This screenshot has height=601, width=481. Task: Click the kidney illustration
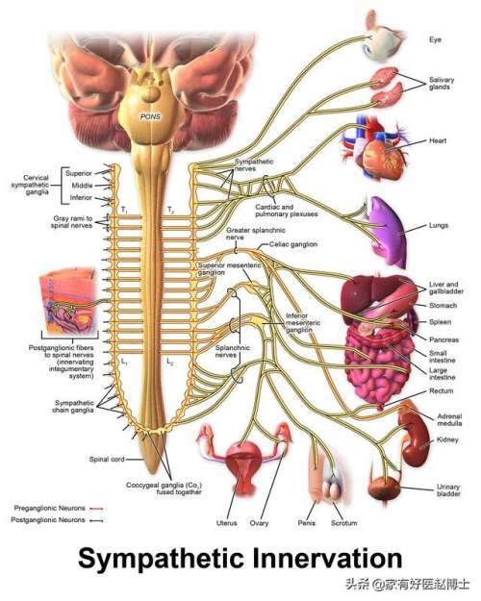415,438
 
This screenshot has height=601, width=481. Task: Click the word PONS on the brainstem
151,116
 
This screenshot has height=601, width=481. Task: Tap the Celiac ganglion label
293,244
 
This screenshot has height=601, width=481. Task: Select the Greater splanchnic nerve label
256,234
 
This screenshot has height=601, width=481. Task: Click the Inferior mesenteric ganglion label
303,323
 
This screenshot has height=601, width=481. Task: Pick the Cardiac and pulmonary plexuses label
287,211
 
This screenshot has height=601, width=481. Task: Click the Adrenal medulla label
449,419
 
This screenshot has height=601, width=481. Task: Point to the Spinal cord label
107,459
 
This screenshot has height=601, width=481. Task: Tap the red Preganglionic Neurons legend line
96,509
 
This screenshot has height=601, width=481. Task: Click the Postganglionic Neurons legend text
48,520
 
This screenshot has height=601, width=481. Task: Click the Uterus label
227,523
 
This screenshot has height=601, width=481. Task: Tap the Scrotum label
344,523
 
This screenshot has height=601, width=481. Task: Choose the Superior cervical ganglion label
79,173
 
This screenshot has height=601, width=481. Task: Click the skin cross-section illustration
68,300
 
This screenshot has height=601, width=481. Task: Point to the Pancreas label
443,339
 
